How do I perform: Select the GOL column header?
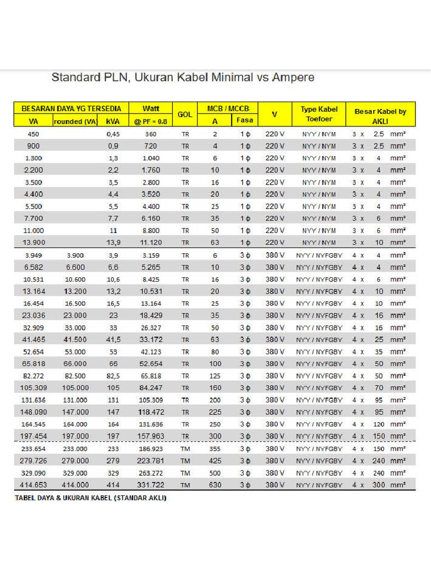[x=185, y=114]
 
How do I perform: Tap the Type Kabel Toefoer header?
[x=319, y=114]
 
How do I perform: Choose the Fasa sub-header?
[x=245, y=120]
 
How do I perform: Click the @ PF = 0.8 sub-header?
[x=149, y=121]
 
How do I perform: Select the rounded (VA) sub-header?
[x=76, y=121]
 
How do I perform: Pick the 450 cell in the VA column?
[x=33, y=134]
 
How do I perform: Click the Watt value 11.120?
[x=150, y=243]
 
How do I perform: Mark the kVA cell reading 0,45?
[x=113, y=134]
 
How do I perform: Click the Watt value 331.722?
[x=150, y=485]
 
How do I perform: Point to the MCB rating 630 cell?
[x=215, y=485]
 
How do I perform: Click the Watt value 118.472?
[x=150, y=412]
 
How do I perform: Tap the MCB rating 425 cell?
[x=215, y=460]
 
